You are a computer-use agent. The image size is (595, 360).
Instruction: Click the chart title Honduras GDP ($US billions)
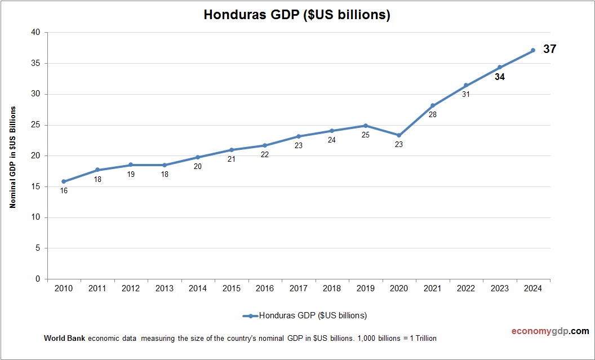pos(297,15)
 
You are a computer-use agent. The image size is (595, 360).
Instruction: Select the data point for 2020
pos(399,135)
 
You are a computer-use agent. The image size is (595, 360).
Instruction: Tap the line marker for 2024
pos(533,51)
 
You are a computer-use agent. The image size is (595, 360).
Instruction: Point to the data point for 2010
pos(64,181)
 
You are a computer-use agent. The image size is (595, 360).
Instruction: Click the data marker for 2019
pos(366,126)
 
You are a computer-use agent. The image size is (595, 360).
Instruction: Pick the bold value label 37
pos(549,50)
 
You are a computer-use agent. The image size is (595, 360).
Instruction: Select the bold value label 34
pos(499,77)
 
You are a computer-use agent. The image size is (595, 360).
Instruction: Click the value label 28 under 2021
pos(433,114)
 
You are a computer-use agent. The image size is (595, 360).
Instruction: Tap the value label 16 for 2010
pos(64,191)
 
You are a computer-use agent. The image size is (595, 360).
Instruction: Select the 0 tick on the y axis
pos(38,279)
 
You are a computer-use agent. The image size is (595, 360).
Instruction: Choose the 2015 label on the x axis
pos(231,288)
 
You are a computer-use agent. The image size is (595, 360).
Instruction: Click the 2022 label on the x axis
pos(466,288)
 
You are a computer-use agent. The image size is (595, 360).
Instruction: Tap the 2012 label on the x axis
pos(131,288)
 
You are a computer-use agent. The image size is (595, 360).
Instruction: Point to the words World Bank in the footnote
pos(64,339)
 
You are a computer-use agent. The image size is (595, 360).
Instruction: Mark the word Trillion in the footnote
pos(424,339)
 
